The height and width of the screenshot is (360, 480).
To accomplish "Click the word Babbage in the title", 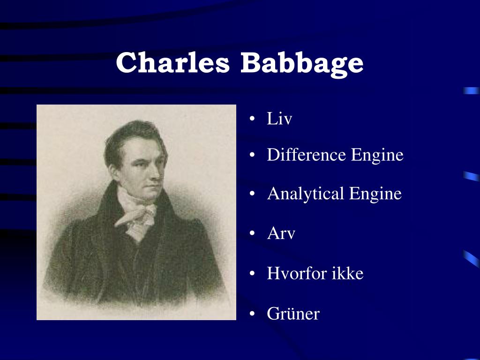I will point(302,63).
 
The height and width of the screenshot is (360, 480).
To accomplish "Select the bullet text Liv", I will point(279,119).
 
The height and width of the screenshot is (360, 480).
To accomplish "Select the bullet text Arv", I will point(281,233).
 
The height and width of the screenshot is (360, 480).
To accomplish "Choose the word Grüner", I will point(293,313).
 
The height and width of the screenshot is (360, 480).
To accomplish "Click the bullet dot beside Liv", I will point(253,120).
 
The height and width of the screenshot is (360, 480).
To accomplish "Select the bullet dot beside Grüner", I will point(253,314).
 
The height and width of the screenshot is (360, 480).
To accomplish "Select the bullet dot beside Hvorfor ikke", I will point(253,274).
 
